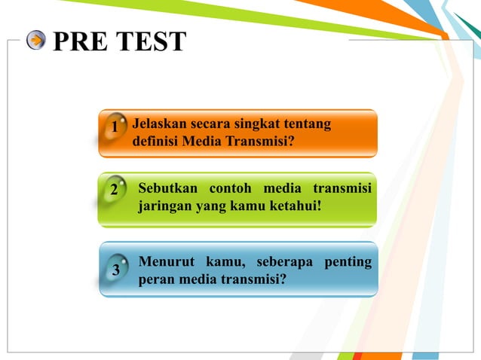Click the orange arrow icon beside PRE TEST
pyautogui.click(x=35, y=41)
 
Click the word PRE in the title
pyautogui.click(x=79, y=41)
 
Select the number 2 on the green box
pyautogui.click(x=113, y=190)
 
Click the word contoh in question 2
pyautogui.click(x=228, y=187)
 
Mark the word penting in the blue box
pyautogui.click(x=348, y=262)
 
